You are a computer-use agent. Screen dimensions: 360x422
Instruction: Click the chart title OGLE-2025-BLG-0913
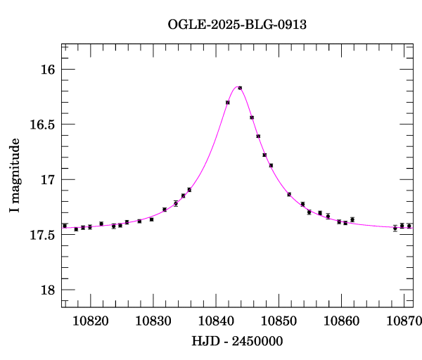[x=237, y=25]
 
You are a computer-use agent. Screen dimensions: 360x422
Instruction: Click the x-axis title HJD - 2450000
[x=237, y=342]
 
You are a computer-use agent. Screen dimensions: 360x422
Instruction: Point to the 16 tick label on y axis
[x=48, y=70]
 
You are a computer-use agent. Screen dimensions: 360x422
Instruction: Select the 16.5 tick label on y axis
[x=42, y=124]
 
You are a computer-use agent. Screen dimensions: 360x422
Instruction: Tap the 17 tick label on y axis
[x=48, y=180]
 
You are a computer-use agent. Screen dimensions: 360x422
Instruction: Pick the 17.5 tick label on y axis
[x=42, y=235]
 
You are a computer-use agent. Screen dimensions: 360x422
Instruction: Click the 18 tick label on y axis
[x=48, y=290]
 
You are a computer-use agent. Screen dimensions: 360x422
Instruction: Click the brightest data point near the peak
[x=240, y=88]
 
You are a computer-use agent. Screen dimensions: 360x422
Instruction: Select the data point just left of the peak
[x=228, y=103]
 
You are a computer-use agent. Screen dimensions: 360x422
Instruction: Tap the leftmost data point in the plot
[x=65, y=226]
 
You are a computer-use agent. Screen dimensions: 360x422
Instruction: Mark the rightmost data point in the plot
[x=409, y=226]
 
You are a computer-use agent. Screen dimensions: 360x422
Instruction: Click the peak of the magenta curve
[x=237, y=86]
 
